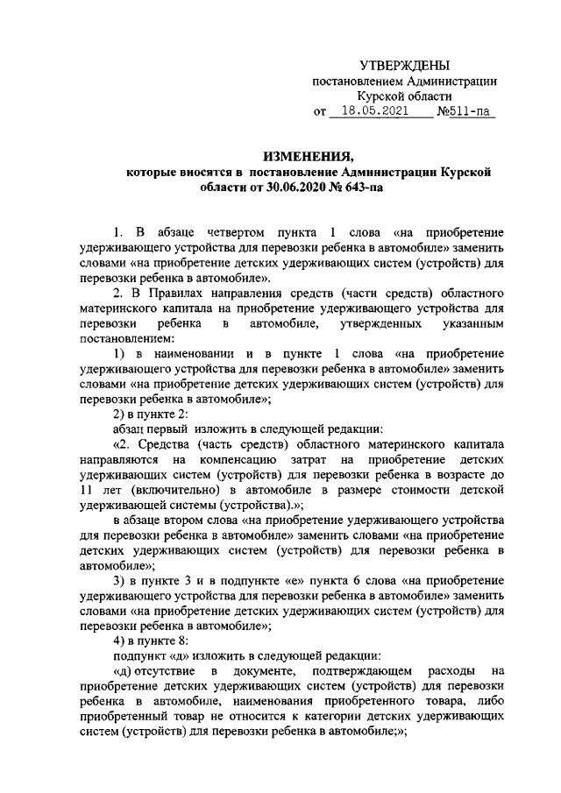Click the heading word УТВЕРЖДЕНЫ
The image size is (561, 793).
click(x=406, y=66)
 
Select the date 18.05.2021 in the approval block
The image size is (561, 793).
click(x=374, y=112)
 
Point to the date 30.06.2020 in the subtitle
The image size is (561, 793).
click(x=288, y=188)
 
